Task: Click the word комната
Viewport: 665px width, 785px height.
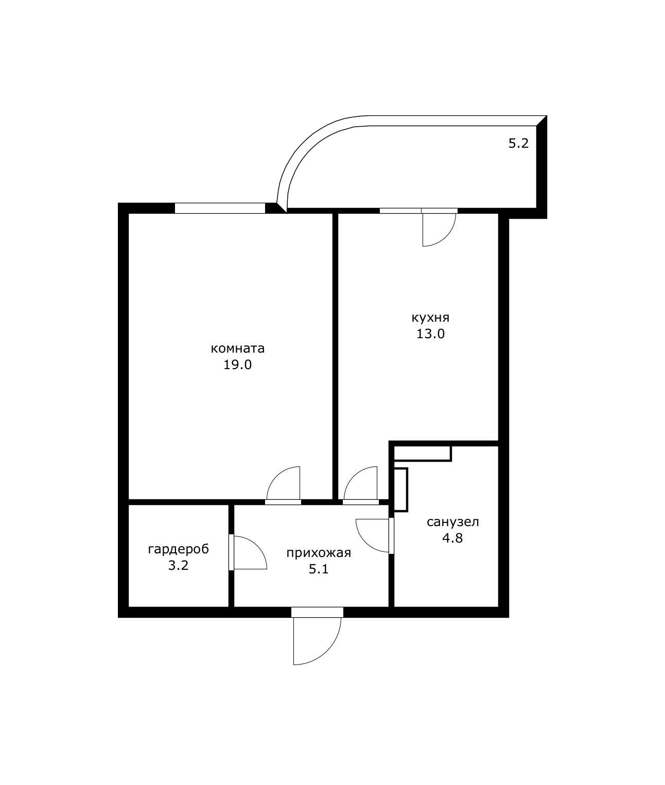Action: coord(237,348)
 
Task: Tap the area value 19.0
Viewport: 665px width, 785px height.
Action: coord(237,365)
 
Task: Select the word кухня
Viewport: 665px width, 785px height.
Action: coord(430,318)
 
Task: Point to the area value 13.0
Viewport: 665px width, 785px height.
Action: coord(430,334)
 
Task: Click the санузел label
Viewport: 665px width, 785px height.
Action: coord(453,522)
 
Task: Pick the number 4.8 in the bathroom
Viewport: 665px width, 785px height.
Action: coord(452,538)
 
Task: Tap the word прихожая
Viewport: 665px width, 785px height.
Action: coord(319,553)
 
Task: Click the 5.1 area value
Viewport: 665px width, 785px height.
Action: coord(318,569)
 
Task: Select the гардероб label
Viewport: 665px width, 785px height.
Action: coord(179,550)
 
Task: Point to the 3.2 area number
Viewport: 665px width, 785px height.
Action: coord(178,566)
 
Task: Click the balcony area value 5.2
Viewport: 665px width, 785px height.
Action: coord(518,143)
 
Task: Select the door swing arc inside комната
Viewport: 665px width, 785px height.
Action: coord(276,475)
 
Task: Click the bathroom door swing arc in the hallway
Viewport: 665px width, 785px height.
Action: coord(365,543)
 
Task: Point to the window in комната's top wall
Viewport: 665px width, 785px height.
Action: coord(220,208)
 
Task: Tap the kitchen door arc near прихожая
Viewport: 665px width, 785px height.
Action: coord(354,475)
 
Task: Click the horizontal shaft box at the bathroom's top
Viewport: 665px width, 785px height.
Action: coord(423,453)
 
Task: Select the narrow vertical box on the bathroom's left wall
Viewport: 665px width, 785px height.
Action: coord(400,490)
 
